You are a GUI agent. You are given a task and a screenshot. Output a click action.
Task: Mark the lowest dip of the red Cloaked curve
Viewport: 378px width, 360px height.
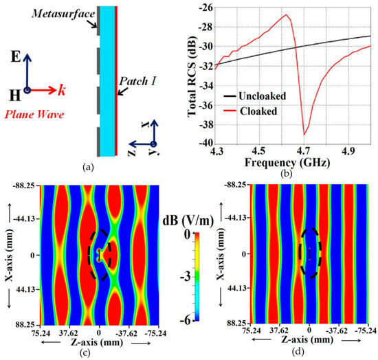(304, 134)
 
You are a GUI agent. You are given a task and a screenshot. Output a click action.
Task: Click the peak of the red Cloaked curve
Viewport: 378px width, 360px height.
(287, 15)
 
